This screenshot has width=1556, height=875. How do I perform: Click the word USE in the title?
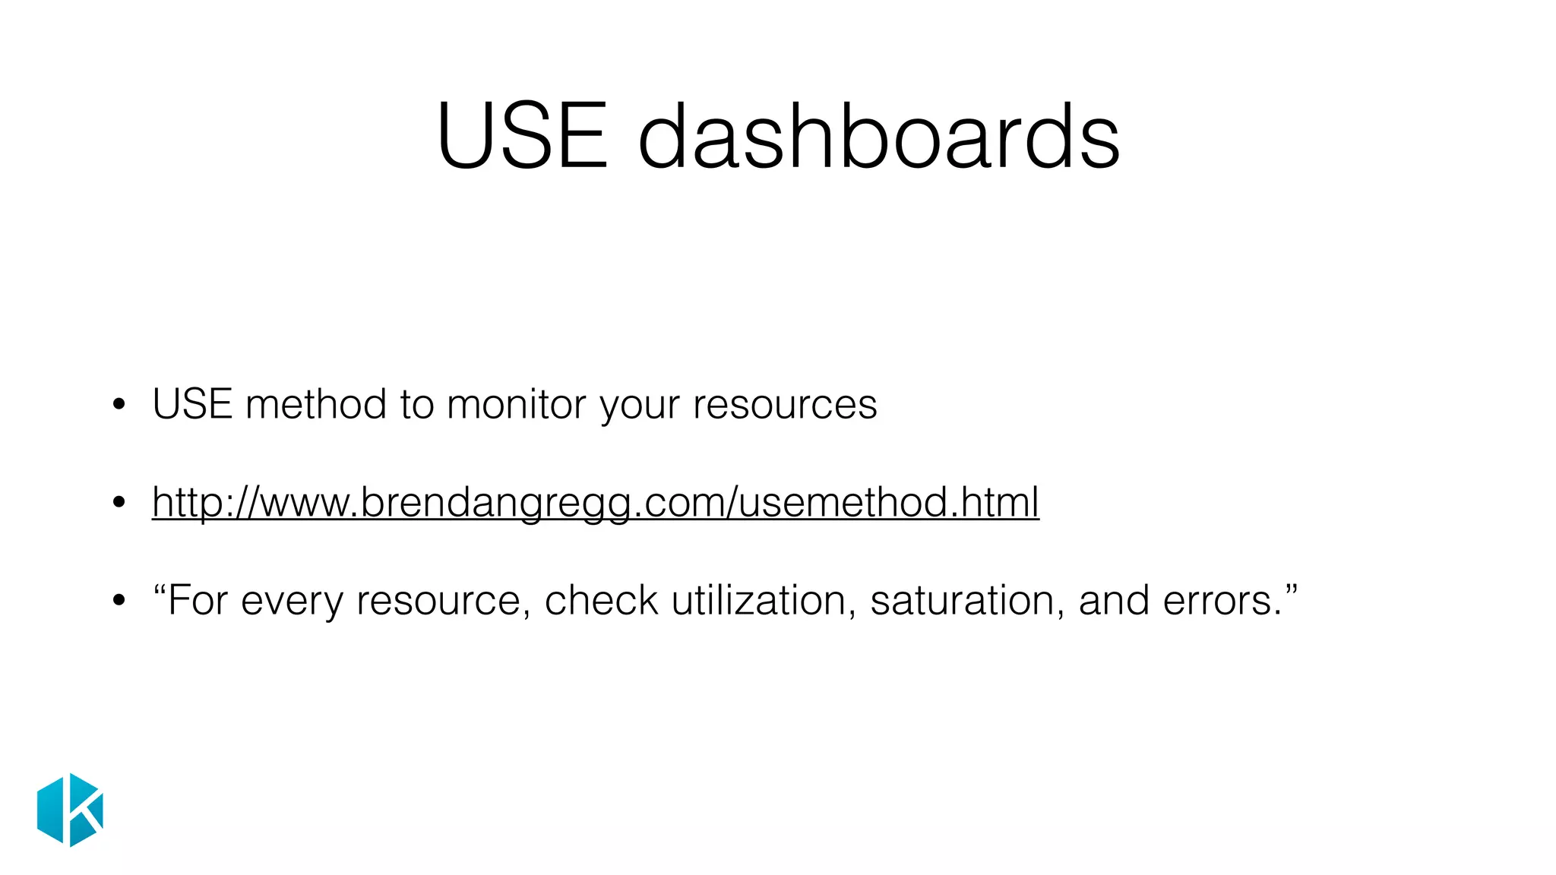coord(523,137)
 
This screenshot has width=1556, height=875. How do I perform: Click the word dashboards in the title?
coord(878,137)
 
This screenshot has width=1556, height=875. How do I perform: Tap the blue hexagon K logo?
coord(70,810)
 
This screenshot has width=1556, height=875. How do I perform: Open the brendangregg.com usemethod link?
coord(595,502)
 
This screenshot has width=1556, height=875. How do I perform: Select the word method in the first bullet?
coord(315,404)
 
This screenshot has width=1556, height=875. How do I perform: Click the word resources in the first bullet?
coord(785,404)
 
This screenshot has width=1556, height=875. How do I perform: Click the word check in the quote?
coord(601,601)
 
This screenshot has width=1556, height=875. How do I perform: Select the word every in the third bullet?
coord(292,601)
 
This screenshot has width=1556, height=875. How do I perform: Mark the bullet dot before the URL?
coord(118,503)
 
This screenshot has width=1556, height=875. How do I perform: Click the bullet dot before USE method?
coord(118,405)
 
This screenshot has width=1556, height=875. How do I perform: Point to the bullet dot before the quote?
coord(118,602)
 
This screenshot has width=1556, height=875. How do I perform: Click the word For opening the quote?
coord(196,601)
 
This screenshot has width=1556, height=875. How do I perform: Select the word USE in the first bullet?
coord(192,404)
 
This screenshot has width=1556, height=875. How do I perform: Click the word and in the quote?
coord(1114,601)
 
